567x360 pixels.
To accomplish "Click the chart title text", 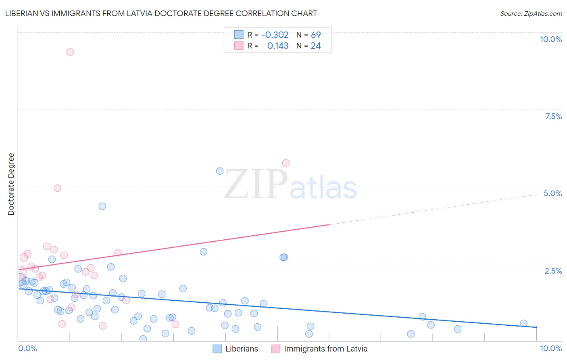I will point(161,13).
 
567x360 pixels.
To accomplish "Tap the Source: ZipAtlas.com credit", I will point(531,13).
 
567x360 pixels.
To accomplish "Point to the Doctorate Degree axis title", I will point(11,184).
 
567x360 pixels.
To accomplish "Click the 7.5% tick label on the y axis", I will point(553,116).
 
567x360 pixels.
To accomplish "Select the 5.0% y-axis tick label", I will point(552,193).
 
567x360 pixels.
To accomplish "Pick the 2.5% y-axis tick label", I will point(553,271).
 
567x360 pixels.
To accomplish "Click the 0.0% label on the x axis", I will point(27,348).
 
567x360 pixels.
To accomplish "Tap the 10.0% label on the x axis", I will point(550,348).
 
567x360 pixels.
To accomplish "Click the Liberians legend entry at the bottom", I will point(236,349).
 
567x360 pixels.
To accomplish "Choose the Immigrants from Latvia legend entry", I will point(319,349).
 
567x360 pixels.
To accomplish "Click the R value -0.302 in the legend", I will point(275,35).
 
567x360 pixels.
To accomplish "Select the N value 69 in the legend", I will point(316,35).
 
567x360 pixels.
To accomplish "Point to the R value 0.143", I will point(278,46).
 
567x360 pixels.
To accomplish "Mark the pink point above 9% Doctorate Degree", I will point(70,52).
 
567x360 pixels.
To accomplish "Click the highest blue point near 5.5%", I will point(220,171).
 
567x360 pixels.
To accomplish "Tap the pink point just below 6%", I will point(286,163).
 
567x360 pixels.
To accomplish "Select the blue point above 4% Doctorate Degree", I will point(102,206).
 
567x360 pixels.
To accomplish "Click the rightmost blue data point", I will point(524,323).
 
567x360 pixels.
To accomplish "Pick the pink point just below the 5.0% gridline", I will point(58,188).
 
